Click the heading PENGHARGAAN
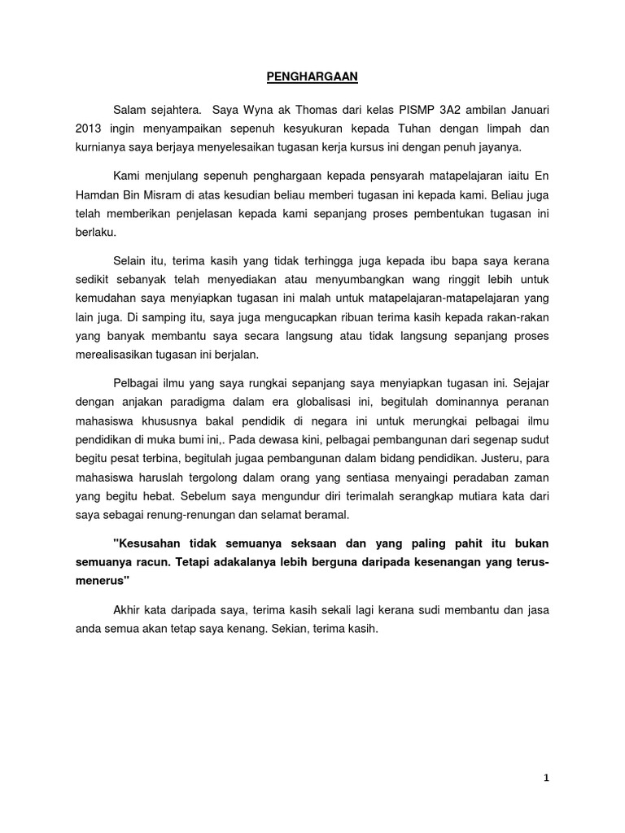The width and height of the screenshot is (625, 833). [x=312, y=77]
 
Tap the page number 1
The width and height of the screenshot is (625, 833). [x=547, y=778]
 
